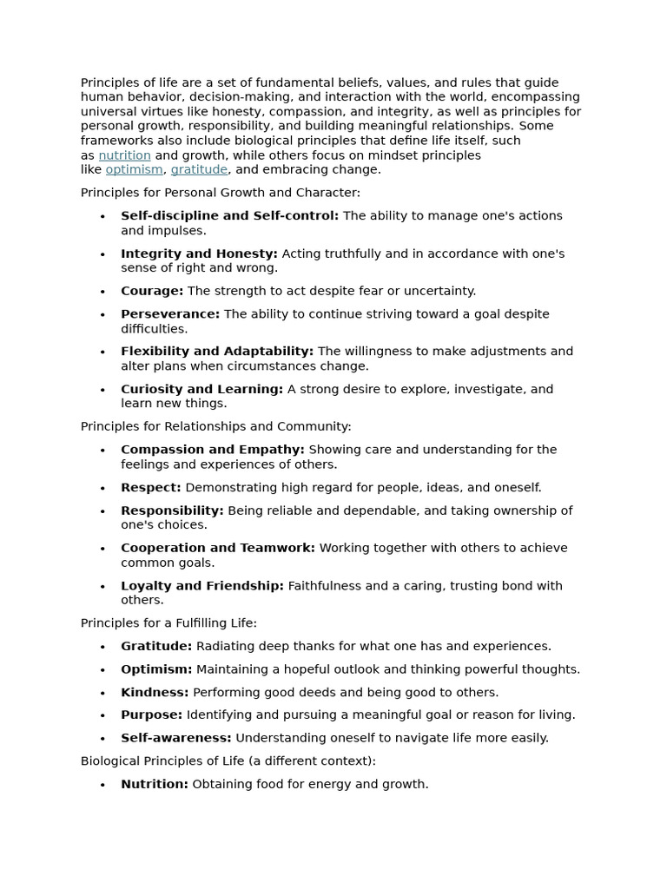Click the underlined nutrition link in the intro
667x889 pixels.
click(124, 155)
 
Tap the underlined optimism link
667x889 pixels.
click(134, 169)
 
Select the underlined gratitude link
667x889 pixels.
click(199, 169)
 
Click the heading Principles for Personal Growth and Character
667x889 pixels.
click(220, 193)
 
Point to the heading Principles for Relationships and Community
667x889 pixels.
click(215, 426)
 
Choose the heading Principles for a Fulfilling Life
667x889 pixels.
click(168, 622)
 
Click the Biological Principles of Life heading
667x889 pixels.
click(228, 761)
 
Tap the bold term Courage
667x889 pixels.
click(152, 291)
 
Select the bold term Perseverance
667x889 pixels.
click(170, 313)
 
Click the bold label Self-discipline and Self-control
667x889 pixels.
click(229, 215)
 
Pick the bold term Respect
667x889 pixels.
click(151, 487)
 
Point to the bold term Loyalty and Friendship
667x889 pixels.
click(202, 585)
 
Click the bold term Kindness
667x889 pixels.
click(155, 692)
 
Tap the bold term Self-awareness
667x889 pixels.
click(176, 738)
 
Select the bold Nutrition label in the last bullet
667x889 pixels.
click(155, 784)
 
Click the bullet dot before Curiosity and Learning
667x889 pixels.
click(102, 390)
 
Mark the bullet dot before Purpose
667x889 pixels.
click(102, 715)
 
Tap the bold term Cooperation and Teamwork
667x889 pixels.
click(218, 548)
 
